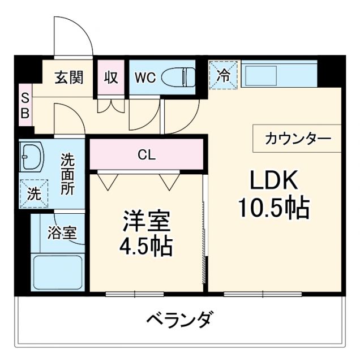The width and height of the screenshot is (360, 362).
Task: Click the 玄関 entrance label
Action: (69, 77)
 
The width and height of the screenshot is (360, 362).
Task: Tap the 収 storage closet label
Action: (112, 77)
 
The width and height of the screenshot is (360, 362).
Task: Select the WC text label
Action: (144, 77)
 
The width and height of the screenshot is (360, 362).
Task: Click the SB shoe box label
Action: (25, 106)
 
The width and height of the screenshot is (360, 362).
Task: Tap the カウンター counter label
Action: (295, 139)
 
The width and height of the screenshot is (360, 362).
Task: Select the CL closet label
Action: (146, 153)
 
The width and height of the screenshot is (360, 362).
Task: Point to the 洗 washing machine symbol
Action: (33, 193)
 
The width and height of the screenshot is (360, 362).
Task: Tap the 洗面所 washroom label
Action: (67, 174)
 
